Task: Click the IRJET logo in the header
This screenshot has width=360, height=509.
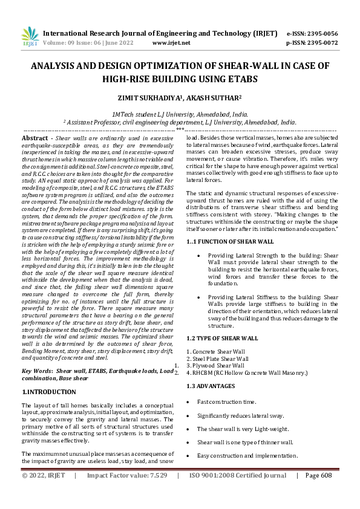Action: click(x=30, y=37)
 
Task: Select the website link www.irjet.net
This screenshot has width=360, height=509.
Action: click(x=171, y=43)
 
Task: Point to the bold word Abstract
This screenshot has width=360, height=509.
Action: click(x=34, y=138)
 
